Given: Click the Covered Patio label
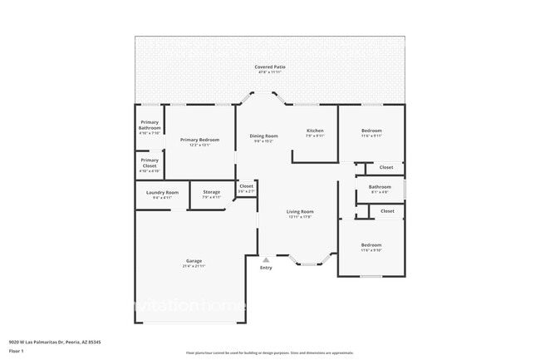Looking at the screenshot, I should (269, 67).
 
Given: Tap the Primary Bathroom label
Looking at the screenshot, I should (150, 125).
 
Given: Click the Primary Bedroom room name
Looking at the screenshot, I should (200, 140).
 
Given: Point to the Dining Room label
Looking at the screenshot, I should (264, 136).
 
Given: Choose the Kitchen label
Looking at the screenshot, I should (315, 131).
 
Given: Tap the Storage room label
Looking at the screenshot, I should (211, 192).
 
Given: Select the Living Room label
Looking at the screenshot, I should (300, 212).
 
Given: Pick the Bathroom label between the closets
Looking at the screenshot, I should (380, 187).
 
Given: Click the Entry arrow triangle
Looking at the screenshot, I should (266, 259).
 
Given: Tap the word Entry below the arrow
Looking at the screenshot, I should (266, 268).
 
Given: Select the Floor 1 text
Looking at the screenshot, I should (17, 350).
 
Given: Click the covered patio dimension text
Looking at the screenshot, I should (269, 72).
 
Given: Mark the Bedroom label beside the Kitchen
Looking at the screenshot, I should (371, 131).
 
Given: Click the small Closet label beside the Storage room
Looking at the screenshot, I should (246, 186).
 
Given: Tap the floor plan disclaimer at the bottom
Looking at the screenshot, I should (269, 353).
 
